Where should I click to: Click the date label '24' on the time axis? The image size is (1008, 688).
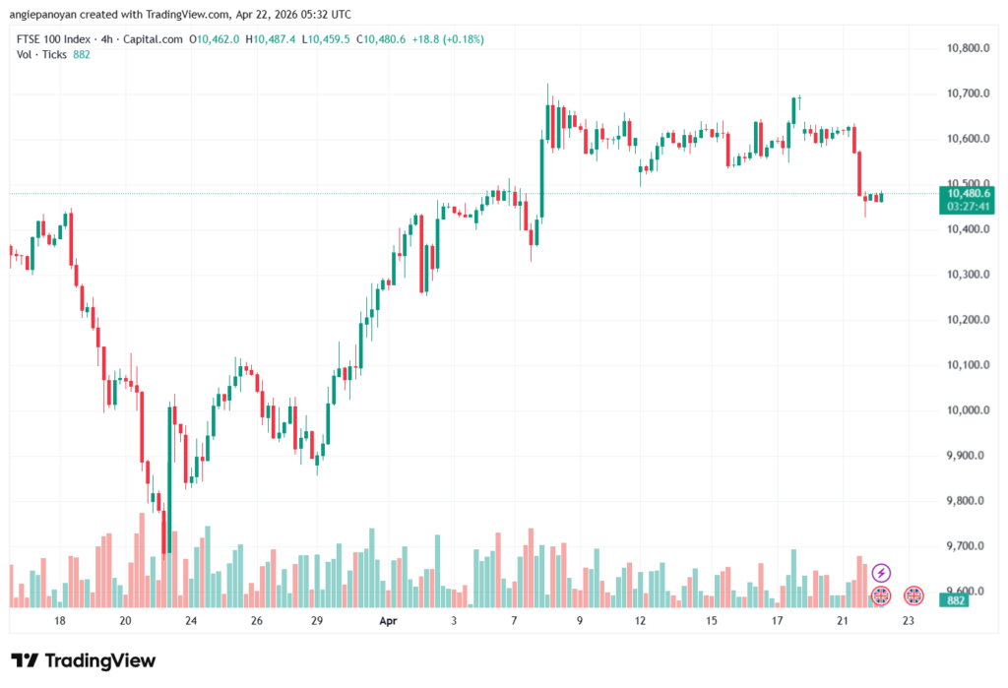[x=190, y=621]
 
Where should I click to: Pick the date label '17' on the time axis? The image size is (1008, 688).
[x=777, y=621]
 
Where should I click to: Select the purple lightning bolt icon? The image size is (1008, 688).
[x=881, y=572]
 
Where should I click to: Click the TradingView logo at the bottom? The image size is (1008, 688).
[x=83, y=660]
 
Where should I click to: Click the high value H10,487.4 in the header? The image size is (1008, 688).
[x=273, y=39]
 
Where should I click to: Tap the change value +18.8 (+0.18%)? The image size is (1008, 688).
[x=448, y=39]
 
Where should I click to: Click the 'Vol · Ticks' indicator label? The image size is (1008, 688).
[x=42, y=55]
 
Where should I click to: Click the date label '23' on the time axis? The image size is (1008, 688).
[x=908, y=621]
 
